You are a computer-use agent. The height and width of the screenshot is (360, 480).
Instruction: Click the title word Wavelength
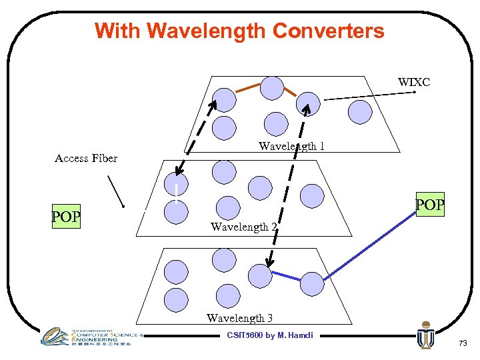click(207, 31)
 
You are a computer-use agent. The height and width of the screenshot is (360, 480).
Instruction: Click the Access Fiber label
click(86, 158)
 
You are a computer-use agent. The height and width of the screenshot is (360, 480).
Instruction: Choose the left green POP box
click(66, 217)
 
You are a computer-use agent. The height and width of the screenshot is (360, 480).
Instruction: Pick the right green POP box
click(429, 205)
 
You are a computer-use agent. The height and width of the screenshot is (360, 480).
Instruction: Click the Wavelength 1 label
click(291, 146)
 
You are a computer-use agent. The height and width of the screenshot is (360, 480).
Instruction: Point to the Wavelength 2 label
click(244, 227)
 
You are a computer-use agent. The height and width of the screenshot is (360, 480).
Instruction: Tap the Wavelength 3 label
click(239, 318)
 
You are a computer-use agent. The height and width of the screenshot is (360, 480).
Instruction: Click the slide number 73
click(462, 343)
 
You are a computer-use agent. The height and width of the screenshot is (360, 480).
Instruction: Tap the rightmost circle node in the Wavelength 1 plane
click(361, 111)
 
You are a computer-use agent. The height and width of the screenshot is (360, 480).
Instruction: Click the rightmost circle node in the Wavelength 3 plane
click(311, 283)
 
